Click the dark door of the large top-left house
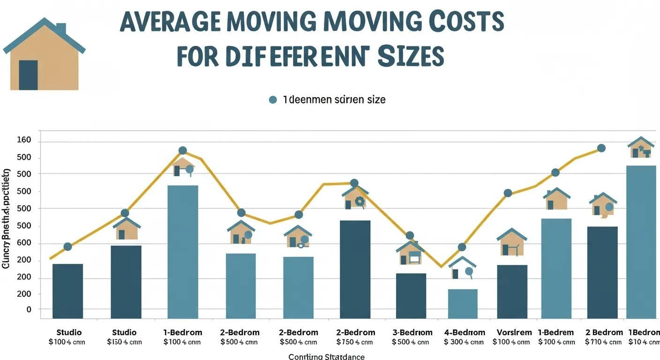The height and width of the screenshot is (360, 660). click(28, 75)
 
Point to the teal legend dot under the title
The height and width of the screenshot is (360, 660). click(273, 100)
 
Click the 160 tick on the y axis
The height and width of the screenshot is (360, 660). click(24, 140)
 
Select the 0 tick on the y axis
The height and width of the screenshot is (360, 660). click(29, 310)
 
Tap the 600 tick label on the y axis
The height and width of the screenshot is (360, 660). click(24, 243)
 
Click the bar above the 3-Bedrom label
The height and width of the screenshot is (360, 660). click(411, 296)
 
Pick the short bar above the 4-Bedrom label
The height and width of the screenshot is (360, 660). click(463, 304)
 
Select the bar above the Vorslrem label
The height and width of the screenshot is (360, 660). click(512, 292)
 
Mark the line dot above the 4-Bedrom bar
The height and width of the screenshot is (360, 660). click(462, 247)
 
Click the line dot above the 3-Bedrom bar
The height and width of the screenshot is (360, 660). click(410, 235)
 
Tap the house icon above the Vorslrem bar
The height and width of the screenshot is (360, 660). click(512, 243)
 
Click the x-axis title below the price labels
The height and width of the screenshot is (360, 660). click(326, 356)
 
